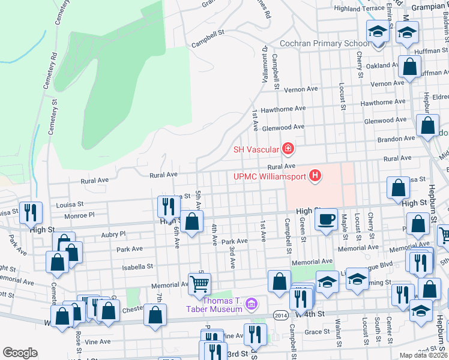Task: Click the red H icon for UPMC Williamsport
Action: (315, 176)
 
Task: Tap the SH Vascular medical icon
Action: (288, 148)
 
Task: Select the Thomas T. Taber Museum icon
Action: (252, 305)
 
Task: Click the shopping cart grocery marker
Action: (199, 283)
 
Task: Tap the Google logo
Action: (20, 353)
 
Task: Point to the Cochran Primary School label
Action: (325, 44)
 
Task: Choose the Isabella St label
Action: (137, 266)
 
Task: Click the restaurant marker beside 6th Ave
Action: (166, 206)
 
